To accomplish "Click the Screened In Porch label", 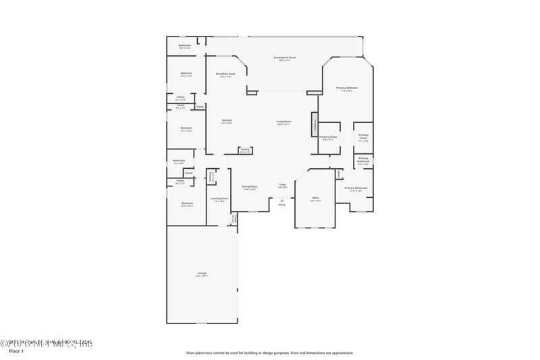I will click(284, 58).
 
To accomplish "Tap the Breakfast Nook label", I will click(225, 74).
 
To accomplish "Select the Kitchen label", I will click(227, 122).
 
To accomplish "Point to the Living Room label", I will click(283, 122).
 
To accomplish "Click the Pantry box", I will click(246, 151).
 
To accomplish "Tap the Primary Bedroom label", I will click(347, 88).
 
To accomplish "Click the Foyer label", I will click(283, 185).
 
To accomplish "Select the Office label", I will click(315, 199).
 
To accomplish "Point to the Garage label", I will click(202, 275).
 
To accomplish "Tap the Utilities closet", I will click(211, 176).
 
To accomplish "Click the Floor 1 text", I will click(16, 352).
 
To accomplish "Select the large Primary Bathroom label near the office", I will click(356, 189).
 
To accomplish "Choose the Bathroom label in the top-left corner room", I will click(184, 46).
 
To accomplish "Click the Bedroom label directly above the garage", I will click(186, 203).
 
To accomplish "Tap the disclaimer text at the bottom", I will click(270, 353).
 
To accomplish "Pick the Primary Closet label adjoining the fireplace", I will click(329, 138).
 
